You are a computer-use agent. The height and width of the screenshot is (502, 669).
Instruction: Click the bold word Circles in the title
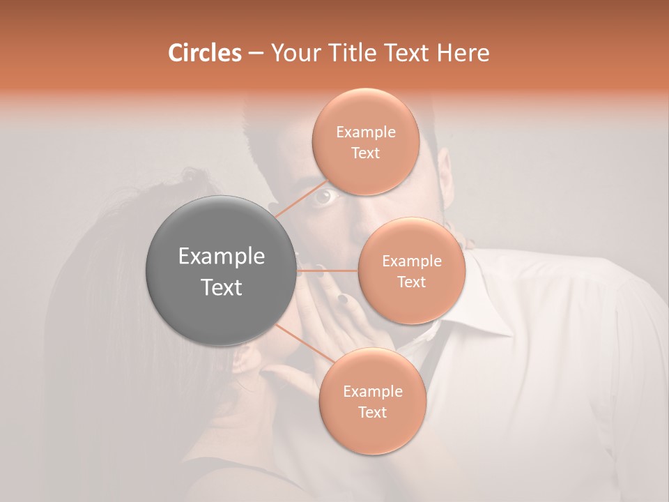pyautogui.click(x=204, y=53)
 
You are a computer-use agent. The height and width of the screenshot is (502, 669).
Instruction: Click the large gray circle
pyautogui.click(x=221, y=271)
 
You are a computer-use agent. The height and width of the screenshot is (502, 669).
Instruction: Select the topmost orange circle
pyautogui.click(x=366, y=142)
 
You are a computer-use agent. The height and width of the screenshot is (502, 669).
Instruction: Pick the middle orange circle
pyautogui.click(x=411, y=271)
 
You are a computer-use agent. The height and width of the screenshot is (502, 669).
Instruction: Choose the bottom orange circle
pyautogui.click(x=372, y=402)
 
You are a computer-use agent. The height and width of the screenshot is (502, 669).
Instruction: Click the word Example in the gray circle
pyautogui.click(x=221, y=257)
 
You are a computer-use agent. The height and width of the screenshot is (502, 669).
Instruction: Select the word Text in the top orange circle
pyautogui.click(x=365, y=153)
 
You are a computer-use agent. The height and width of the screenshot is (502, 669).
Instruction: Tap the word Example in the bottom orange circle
pyautogui.click(x=372, y=392)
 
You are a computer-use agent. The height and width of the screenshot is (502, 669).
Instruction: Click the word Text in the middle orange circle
pyautogui.click(x=411, y=282)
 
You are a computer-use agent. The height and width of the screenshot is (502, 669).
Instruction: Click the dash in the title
pyautogui.click(x=256, y=53)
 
